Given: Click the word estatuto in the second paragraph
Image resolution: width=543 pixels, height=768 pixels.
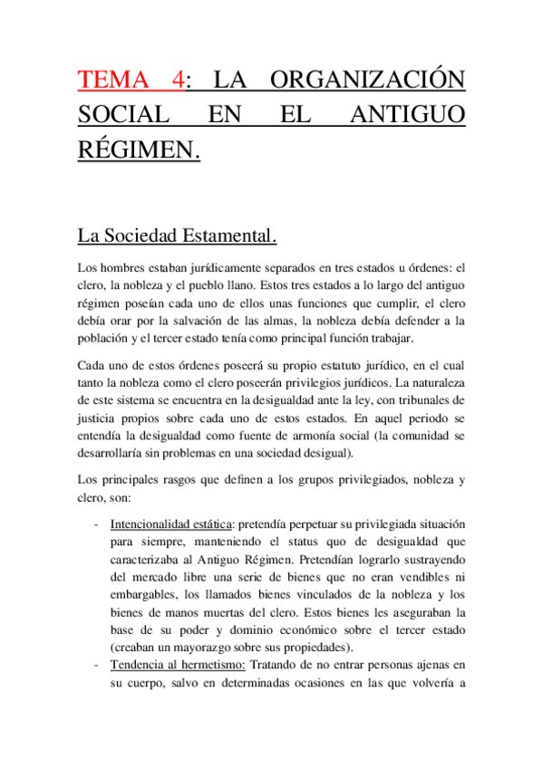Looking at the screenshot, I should [x=319, y=366].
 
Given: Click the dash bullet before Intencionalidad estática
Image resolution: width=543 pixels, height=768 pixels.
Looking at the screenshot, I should [x=97, y=524].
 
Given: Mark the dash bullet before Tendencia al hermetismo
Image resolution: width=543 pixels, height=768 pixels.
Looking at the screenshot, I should [x=97, y=667].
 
